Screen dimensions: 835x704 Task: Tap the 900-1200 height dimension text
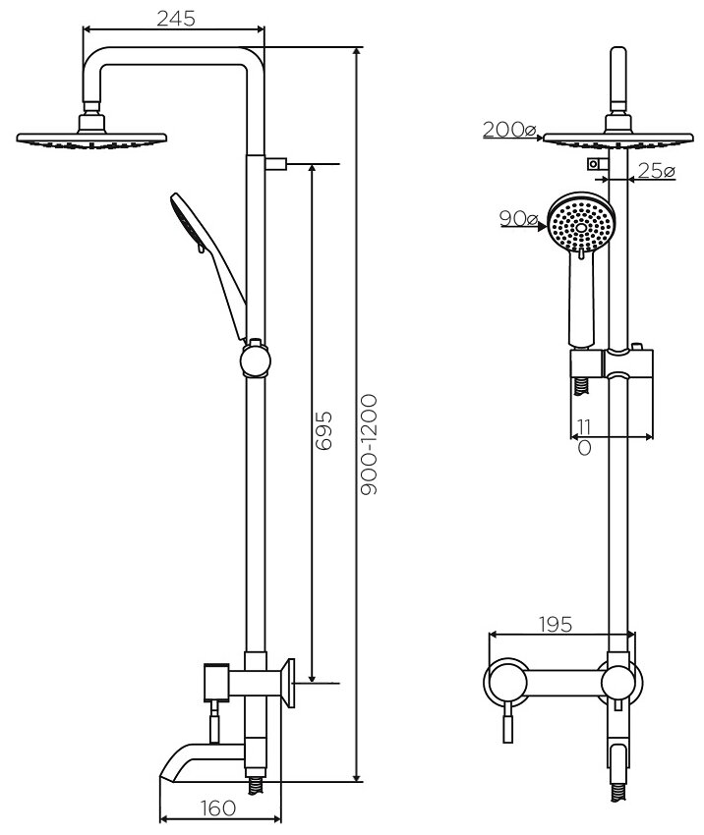(x=369, y=446)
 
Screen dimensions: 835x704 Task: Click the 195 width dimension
(x=557, y=624)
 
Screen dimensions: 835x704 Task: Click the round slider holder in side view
(x=256, y=360)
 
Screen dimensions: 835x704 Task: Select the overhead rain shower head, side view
(x=92, y=139)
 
